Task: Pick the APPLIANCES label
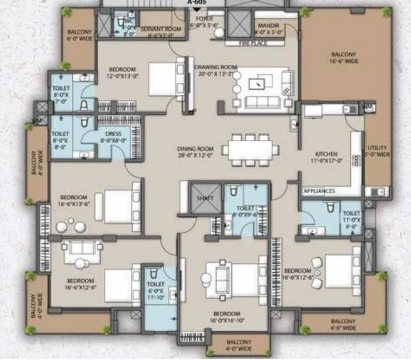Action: point(319,191)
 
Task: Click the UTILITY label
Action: point(376,151)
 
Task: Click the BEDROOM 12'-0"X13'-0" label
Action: point(122,73)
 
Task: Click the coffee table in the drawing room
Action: point(260,81)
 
